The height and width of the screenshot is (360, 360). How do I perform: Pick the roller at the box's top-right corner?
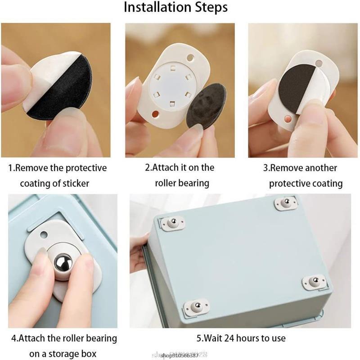[285, 202]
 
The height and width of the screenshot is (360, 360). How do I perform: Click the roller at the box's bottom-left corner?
[196, 307]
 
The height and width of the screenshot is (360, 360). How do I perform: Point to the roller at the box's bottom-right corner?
[313, 282]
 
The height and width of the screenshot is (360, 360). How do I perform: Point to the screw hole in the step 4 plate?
[44, 234]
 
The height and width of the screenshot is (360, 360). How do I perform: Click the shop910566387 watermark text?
[180, 355]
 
